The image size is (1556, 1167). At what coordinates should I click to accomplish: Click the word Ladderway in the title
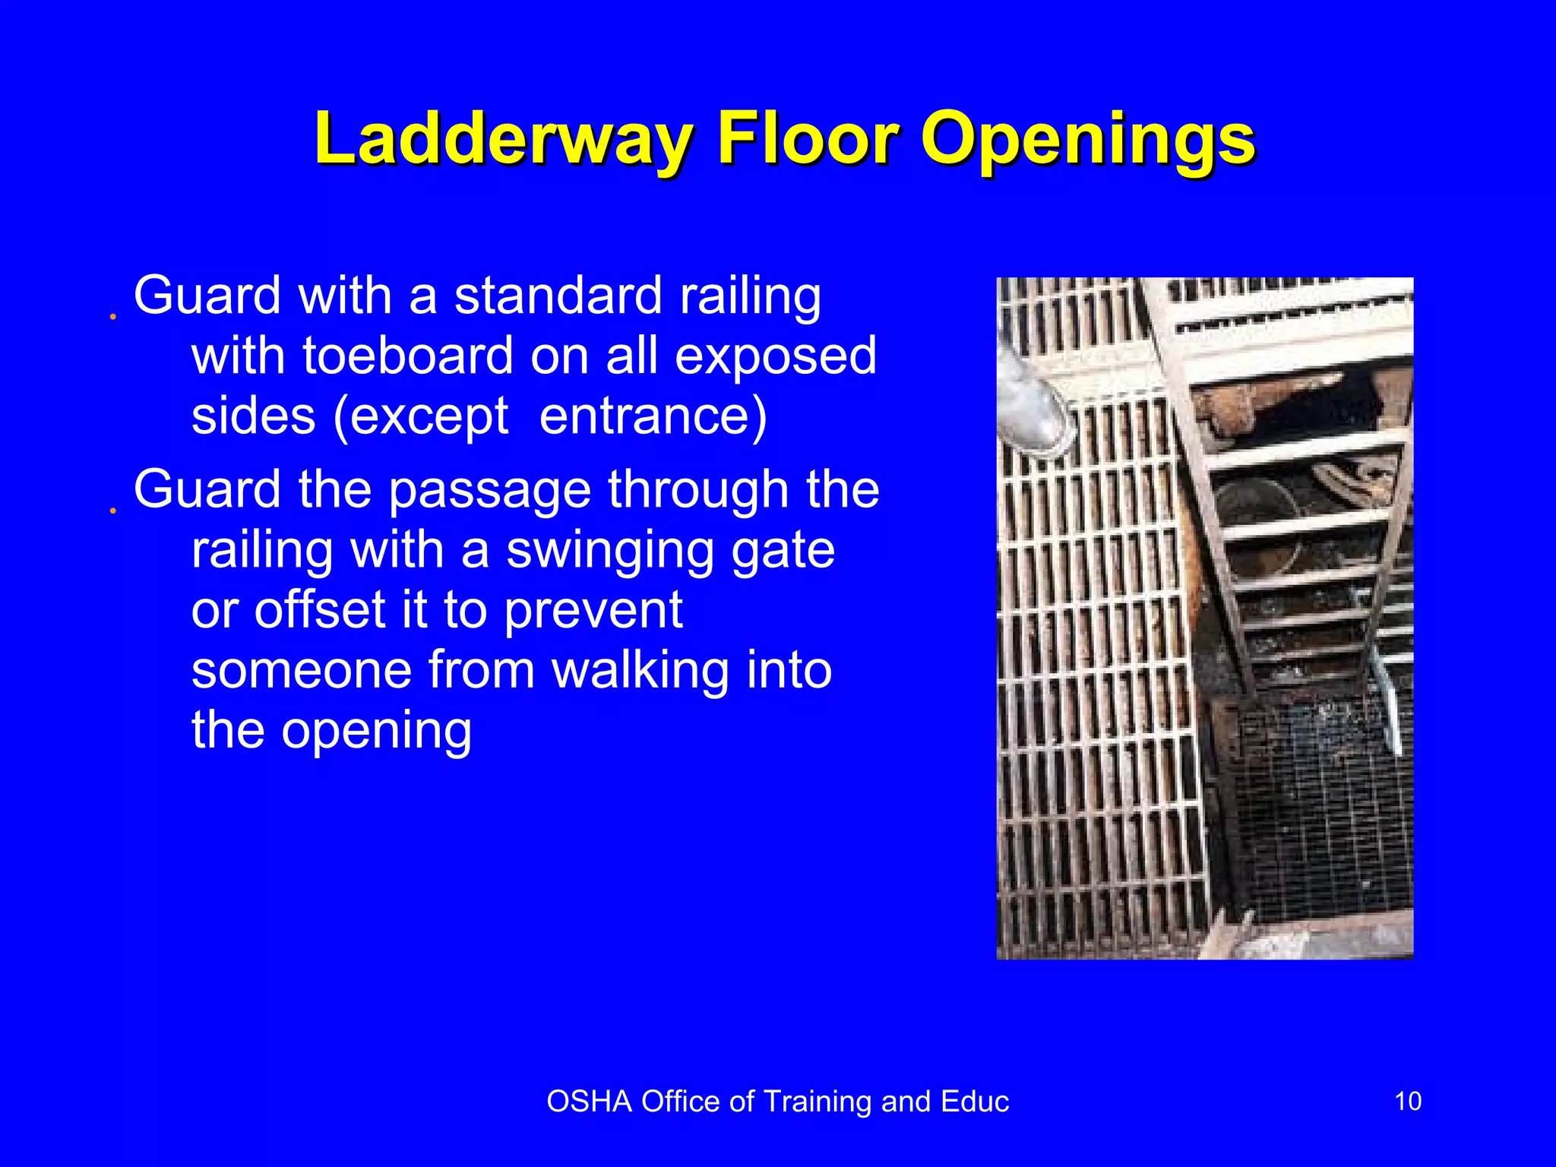(502, 139)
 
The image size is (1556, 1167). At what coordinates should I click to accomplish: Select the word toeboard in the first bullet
(408, 356)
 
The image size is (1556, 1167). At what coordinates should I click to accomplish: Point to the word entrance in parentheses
(653, 416)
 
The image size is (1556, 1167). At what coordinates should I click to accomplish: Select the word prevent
(593, 611)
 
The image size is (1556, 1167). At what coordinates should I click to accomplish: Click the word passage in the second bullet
(489, 490)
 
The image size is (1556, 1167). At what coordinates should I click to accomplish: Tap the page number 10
(1408, 1101)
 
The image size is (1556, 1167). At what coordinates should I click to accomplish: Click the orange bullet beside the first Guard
(112, 316)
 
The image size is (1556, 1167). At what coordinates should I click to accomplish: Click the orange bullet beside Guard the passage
(112, 511)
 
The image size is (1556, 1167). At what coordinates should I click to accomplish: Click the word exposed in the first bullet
(775, 356)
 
